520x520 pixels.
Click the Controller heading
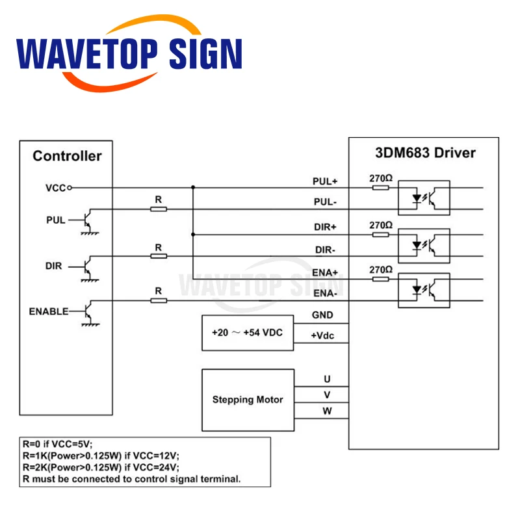click(x=67, y=156)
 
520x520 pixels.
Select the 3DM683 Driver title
click(x=426, y=153)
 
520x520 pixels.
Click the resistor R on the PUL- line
click(x=158, y=209)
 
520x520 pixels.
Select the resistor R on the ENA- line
click(x=158, y=300)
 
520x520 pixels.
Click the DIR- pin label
click(x=326, y=250)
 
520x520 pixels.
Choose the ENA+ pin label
click(x=326, y=272)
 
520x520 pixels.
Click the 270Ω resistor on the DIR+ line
click(x=381, y=234)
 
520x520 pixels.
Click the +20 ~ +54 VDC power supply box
click(x=248, y=331)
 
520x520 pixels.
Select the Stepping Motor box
click(x=248, y=399)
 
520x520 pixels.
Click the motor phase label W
click(x=327, y=411)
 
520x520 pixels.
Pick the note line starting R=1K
click(x=100, y=456)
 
